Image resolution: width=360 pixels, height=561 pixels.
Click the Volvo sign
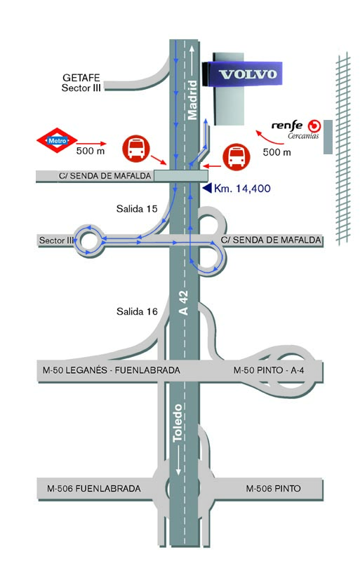point(242,74)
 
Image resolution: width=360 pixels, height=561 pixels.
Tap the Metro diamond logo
point(57,141)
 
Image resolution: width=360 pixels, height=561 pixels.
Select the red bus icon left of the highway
point(136,149)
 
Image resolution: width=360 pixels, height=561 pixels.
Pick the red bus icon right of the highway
point(236,156)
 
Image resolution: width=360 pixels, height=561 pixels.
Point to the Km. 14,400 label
point(242,189)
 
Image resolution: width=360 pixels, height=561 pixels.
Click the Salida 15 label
point(137,208)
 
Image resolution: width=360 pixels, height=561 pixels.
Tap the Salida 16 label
point(137,311)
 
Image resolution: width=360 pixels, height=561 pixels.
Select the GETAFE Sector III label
point(81,83)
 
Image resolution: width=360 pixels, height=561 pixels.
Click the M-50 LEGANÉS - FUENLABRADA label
point(112,370)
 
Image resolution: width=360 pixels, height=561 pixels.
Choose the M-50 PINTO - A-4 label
point(269,370)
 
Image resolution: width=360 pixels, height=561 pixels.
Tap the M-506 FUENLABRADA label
point(94,488)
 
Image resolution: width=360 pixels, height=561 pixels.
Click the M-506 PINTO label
point(273,488)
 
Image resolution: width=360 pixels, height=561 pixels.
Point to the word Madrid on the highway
point(192,100)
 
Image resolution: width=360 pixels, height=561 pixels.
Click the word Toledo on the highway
point(178,424)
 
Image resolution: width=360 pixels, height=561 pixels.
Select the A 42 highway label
point(183,303)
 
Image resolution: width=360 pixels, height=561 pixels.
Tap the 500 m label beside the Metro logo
point(91,151)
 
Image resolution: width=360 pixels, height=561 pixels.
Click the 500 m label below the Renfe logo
point(277,152)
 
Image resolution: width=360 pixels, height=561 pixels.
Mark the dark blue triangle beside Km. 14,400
point(207,188)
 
